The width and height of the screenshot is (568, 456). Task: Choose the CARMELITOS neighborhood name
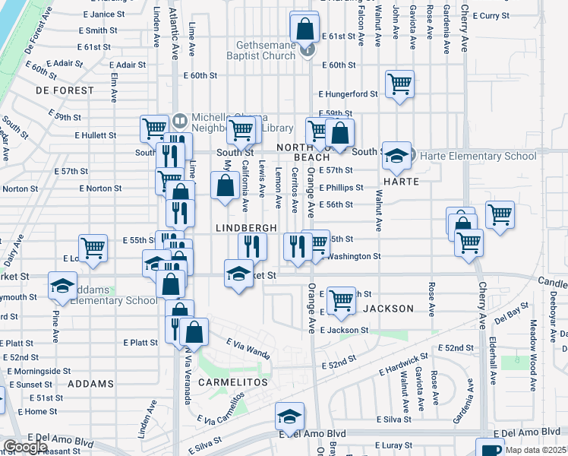(x=232, y=382)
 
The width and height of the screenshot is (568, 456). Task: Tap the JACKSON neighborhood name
(x=388, y=309)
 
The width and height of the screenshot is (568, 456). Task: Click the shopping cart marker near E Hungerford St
(x=399, y=84)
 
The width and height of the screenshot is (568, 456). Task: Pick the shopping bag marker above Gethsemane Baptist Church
(x=304, y=30)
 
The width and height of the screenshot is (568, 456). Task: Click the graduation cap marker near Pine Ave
(x=62, y=285)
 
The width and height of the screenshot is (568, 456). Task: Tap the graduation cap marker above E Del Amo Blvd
(x=289, y=416)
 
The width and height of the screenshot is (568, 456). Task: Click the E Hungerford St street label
(x=348, y=94)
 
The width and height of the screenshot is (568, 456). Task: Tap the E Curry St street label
(x=503, y=15)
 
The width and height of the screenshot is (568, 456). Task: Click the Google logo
(x=26, y=447)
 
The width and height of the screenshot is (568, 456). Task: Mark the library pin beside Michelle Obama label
(x=180, y=120)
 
